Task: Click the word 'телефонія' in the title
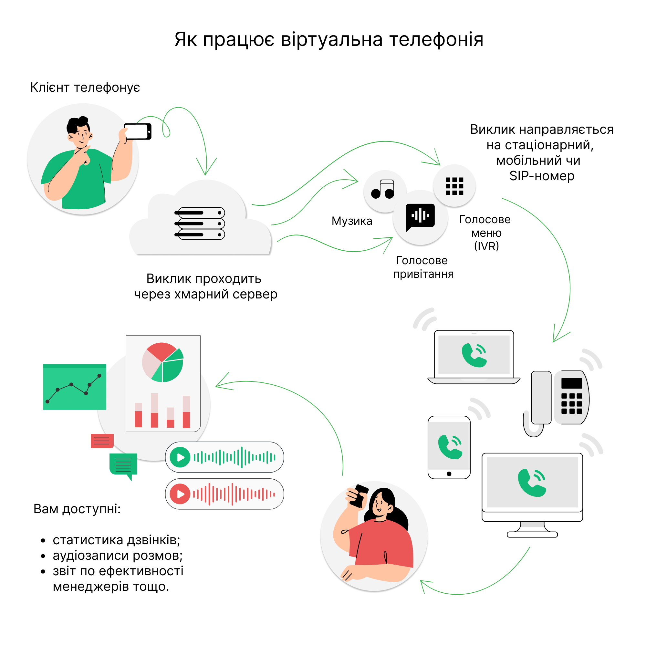[436, 39]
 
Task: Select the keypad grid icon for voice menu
[454, 186]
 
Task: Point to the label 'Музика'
[352, 221]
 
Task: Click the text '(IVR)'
[486, 246]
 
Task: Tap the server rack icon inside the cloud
[200, 224]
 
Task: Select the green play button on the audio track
[180, 457]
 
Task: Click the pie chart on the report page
[163, 362]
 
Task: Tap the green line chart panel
[75, 387]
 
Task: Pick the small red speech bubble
[102, 441]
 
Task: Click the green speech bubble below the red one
[123, 464]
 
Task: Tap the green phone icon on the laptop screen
[474, 355]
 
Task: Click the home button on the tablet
[449, 474]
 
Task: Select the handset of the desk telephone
[541, 398]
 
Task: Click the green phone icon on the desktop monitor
[532, 483]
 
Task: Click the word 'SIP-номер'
[542, 176]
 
